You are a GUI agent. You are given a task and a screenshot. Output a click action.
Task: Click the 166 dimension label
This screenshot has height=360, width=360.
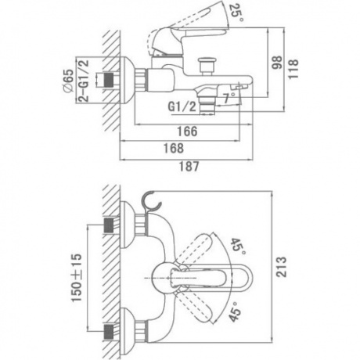(187, 131)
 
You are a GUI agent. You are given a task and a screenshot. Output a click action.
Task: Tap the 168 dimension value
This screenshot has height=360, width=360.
(174, 148)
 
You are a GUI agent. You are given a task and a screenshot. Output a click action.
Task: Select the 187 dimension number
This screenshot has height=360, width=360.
(189, 166)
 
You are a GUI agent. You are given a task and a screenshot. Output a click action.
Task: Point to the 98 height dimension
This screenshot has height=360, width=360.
(277, 63)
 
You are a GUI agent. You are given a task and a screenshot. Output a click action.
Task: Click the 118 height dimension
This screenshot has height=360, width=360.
(293, 69)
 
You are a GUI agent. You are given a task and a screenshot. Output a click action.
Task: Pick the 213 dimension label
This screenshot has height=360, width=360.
(282, 267)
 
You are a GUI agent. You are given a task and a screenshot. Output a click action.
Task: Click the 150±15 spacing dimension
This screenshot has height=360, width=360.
(77, 277)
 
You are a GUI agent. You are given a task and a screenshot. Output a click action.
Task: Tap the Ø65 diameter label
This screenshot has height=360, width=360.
(68, 81)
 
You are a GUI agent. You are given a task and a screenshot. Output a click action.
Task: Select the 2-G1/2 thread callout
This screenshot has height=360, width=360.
(84, 81)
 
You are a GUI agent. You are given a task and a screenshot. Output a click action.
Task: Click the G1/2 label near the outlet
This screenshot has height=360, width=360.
(182, 106)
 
